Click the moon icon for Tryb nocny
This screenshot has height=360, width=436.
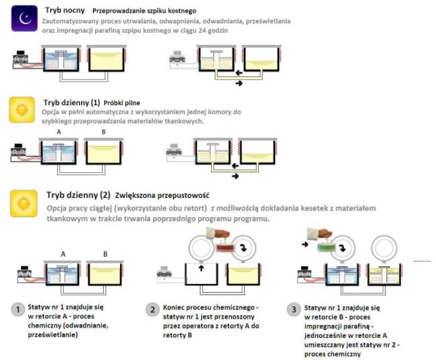(x=24, y=18)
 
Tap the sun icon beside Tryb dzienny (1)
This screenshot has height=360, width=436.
(x=22, y=110)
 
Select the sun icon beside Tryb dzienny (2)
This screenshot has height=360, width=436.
(x=23, y=204)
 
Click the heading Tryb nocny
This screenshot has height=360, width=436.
(x=65, y=10)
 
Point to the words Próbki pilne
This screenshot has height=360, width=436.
(x=122, y=103)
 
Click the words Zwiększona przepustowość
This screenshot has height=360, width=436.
(x=162, y=196)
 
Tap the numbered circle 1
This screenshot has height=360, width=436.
(x=18, y=310)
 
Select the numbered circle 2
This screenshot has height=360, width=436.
(x=152, y=310)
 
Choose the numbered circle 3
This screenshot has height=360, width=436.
(x=294, y=310)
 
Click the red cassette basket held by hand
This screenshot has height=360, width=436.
(x=225, y=247)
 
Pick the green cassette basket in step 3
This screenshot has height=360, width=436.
(x=327, y=247)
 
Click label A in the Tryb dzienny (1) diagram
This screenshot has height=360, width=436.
(x=58, y=132)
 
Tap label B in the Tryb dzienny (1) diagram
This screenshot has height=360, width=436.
(x=104, y=132)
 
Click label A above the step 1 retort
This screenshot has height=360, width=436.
(x=63, y=254)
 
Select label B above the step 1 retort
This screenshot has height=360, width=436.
(x=105, y=254)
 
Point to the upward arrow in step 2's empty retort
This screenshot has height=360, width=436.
(x=201, y=268)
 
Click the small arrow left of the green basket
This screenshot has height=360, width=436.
(x=305, y=245)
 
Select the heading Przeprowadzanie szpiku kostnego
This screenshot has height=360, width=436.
(x=144, y=11)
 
